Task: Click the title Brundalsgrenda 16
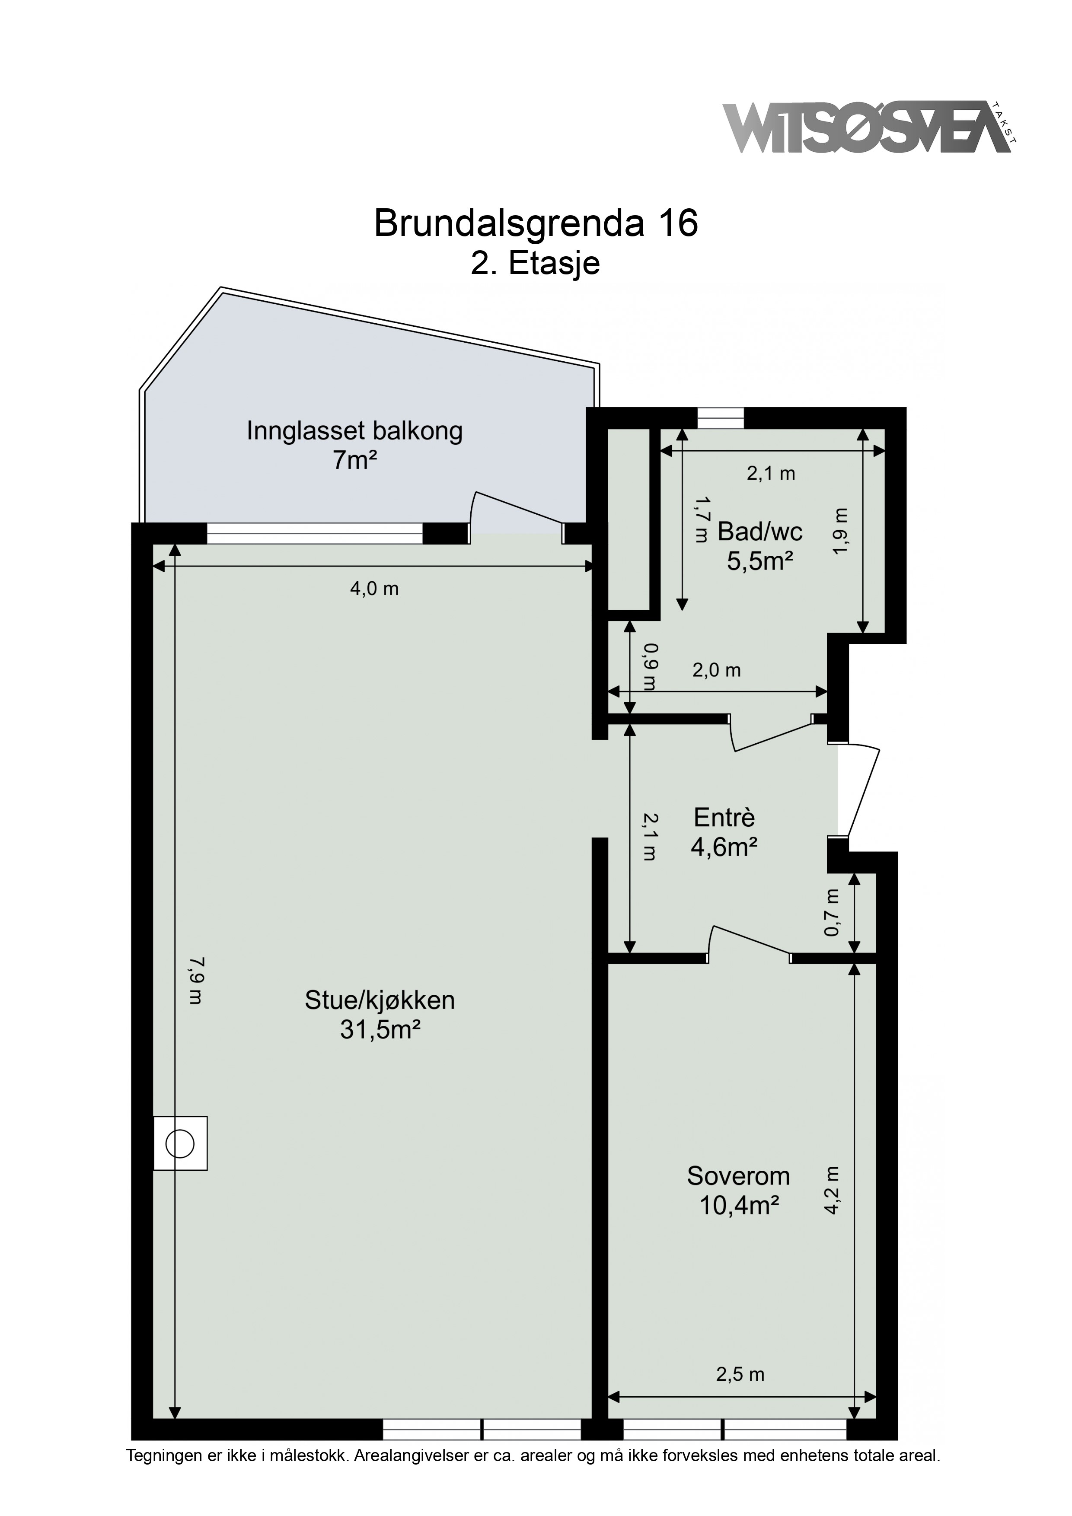(x=536, y=224)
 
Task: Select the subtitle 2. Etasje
(x=536, y=264)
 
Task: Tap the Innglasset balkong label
(x=355, y=431)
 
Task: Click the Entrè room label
(x=724, y=818)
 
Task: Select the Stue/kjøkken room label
(x=380, y=1000)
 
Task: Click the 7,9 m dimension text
(x=195, y=981)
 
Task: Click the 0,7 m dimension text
(x=832, y=913)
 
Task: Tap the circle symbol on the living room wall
(x=180, y=1143)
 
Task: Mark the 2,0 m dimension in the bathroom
(x=717, y=671)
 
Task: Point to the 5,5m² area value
(x=759, y=561)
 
